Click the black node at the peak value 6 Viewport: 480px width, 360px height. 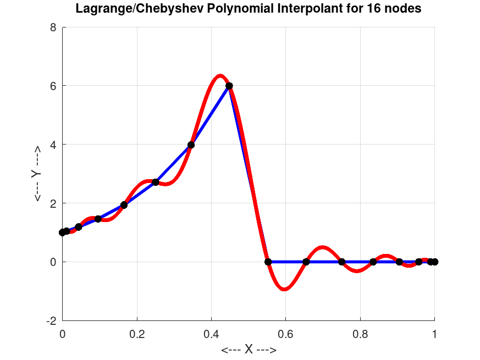tap(229, 86)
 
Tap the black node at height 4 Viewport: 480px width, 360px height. tap(191, 145)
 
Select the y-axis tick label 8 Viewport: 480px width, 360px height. tap(53, 27)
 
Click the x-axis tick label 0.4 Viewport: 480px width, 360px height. tap(211, 333)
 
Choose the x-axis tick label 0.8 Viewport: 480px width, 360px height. tap(360, 333)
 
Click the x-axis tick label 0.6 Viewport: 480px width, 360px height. tap(285, 333)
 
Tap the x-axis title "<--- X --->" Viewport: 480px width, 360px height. tap(249, 350)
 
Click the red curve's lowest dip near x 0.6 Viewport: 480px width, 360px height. tap(284, 289)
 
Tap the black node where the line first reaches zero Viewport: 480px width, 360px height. tap(268, 262)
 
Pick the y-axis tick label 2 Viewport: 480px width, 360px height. tap(53, 203)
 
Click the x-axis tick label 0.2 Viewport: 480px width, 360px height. tap(137, 333)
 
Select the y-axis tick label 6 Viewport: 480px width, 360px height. tap(53, 86)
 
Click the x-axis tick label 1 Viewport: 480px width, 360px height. tap(434, 333)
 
